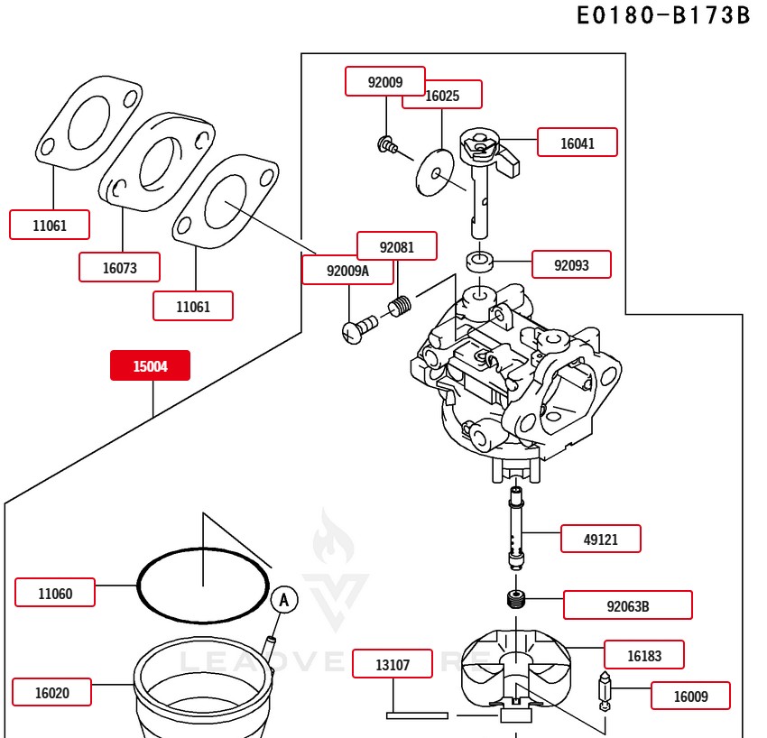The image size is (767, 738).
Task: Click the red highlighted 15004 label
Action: (x=150, y=365)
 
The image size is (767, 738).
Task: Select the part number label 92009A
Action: (x=335, y=270)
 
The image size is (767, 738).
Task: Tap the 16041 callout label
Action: (x=578, y=143)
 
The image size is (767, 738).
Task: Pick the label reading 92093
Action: (x=570, y=264)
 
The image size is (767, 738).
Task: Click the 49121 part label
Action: (x=601, y=539)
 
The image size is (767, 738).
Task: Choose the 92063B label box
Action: (x=627, y=605)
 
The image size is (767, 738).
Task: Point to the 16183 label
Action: (x=643, y=655)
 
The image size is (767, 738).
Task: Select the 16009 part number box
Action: (x=689, y=696)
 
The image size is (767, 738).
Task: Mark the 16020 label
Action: (x=51, y=692)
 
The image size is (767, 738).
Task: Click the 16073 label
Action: (x=119, y=267)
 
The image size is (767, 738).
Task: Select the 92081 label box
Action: (x=396, y=246)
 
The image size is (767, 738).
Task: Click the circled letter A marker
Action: (x=284, y=599)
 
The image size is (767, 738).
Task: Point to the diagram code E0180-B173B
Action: (x=663, y=15)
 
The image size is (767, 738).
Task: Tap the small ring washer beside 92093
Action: (x=479, y=263)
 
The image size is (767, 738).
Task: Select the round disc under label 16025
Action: (x=436, y=171)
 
